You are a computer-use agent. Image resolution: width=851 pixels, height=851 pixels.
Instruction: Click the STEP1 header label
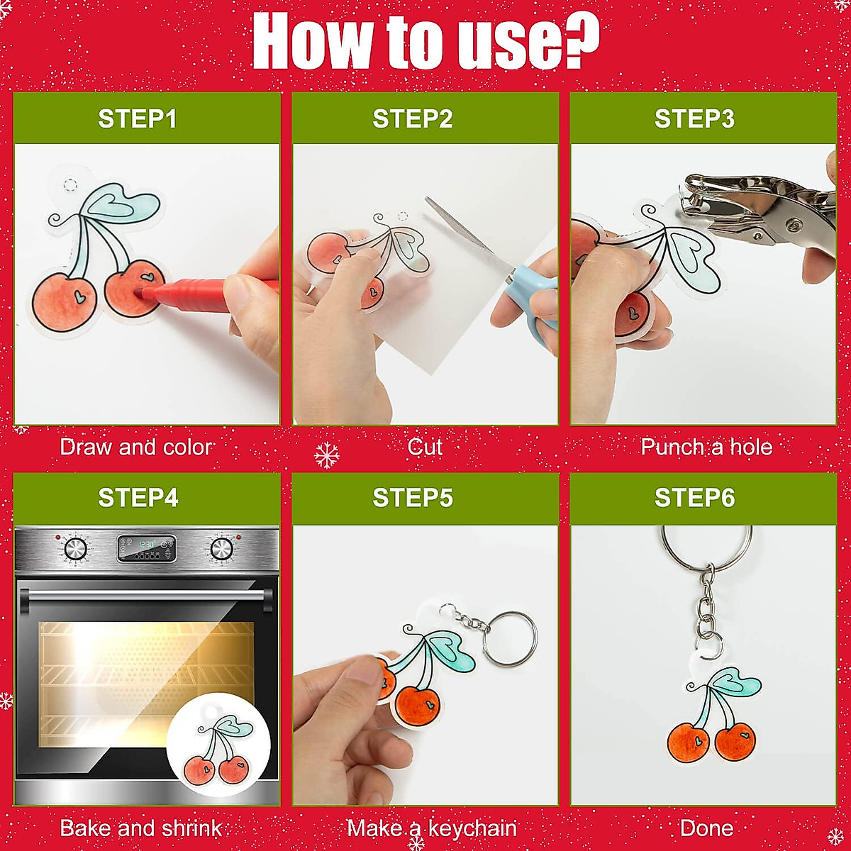click(138, 118)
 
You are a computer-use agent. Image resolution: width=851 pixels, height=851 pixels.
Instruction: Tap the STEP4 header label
click(138, 498)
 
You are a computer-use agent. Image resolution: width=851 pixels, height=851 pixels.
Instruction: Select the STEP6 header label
click(694, 498)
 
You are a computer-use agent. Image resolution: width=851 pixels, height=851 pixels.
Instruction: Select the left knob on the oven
click(75, 548)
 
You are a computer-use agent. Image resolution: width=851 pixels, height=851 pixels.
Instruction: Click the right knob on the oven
click(221, 548)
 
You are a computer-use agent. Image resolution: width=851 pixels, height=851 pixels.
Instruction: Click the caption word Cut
click(425, 447)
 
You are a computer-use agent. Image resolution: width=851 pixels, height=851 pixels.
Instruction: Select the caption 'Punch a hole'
click(706, 447)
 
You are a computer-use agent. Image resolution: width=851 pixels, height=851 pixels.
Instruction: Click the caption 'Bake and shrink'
click(140, 828)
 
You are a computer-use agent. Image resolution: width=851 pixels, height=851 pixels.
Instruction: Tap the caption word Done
click(706, 828)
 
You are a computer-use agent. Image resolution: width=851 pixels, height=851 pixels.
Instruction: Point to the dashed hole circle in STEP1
click(70, 185)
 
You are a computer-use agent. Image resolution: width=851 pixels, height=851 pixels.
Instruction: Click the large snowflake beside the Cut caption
click(326, 455)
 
